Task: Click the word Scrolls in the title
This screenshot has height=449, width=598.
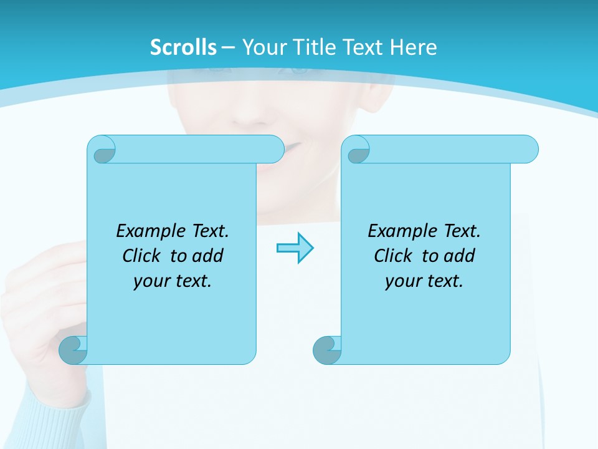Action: [x=183, y=47]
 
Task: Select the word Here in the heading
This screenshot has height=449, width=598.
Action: [x=413, y=47]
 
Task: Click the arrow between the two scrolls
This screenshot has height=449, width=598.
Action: [x=295, y=248]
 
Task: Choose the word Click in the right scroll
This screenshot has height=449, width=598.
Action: [x=394, y=256]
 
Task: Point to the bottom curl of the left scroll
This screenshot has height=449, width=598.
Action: [x=73, y=350]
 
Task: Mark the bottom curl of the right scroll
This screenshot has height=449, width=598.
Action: [x=326, y=350]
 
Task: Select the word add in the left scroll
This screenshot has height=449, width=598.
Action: [x=208, y=256]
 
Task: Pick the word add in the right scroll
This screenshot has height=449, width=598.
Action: [x=460, y=256]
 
